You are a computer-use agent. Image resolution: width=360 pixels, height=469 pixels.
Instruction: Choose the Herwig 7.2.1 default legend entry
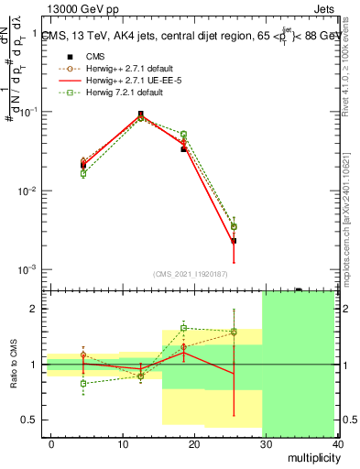tap(118, 93)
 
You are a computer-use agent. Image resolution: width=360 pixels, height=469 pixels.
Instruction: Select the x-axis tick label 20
tap(193, 443)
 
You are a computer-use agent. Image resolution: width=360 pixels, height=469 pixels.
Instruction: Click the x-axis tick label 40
tap(336, 443)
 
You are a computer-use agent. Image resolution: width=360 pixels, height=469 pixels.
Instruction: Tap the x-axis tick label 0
tap(51, 443)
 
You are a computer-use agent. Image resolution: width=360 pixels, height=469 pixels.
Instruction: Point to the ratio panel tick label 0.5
tap(29, 420)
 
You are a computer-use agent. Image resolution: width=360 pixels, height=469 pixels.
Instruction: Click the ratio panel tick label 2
tap(33, 309)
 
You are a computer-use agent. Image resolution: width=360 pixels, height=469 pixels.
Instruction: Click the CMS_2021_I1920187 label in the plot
tap(191, 273)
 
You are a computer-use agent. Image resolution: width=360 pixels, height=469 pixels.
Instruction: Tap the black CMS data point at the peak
tap(140, 115)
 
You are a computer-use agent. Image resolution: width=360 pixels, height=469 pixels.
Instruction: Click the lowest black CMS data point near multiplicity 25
tap(234, 241)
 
